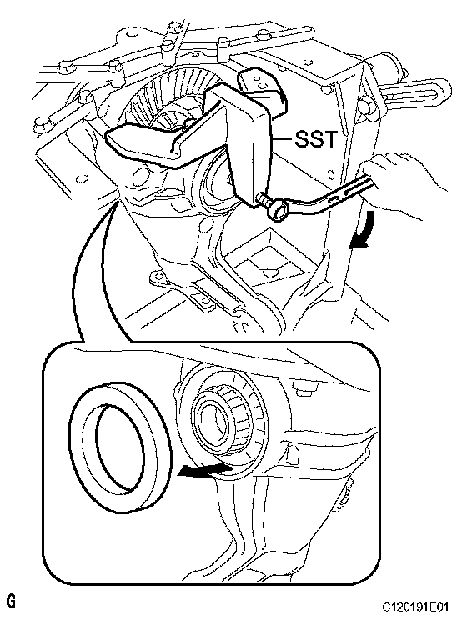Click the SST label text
pos(315,139)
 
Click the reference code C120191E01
pos(415,607)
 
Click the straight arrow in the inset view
pos(203,470)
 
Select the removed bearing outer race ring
pos(118,447)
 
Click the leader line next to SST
pos(282,139)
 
